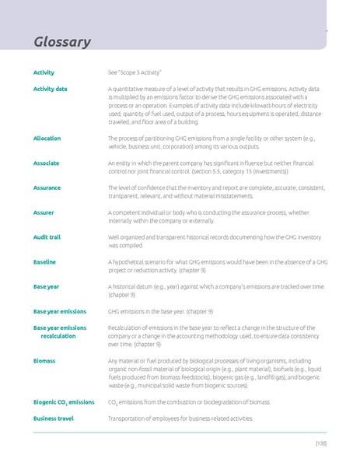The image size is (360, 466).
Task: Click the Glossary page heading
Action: tap(62, 41)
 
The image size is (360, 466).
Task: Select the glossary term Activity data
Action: tap(50, 89)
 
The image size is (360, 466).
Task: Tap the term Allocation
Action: tap(47, 138)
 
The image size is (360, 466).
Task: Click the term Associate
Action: tap(46, 163)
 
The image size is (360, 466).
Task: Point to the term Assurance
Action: tap(47, 187)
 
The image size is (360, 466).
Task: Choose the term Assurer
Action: tap(44, 212)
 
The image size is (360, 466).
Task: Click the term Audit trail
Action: tap(47, 237)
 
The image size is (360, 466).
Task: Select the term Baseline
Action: tap(44, 262)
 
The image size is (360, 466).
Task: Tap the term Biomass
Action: tap(44, 361)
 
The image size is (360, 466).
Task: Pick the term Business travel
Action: tap(53, 419)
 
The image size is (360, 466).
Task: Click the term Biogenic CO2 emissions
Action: tap(64, 402)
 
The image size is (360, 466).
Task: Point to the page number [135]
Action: tap(320, 443)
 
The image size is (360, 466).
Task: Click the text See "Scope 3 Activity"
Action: tap(134, 72)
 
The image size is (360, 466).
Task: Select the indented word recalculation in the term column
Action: tap(58, 336)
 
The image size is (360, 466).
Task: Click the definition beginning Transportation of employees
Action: tap(180, 419)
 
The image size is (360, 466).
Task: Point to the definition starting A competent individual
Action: tap(208, 216)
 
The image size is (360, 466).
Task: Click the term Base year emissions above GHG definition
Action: tap(60, 311)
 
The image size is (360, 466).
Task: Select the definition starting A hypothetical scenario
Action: tap(217, 266)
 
